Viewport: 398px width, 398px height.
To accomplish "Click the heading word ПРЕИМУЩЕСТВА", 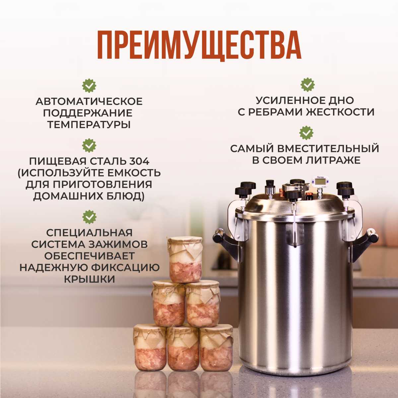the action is coord(199,45).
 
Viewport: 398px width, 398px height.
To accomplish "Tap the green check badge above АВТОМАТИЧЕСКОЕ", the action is coord(89,86).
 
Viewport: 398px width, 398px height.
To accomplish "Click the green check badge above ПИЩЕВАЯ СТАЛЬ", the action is coord(89,146).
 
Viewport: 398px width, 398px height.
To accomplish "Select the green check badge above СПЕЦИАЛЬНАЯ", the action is coord(89,217).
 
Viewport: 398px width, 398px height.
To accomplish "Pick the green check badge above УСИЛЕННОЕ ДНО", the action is coord(307,85).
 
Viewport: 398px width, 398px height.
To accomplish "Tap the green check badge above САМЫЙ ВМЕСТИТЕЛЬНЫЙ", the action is coord(306,133).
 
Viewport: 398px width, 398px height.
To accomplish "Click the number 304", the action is coord(139,162).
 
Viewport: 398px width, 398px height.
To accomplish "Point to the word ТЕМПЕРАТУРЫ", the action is coord(89,125).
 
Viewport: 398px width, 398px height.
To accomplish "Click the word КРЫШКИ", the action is coord(90,280).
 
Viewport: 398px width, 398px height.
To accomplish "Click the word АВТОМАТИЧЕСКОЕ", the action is coord(89,101).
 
